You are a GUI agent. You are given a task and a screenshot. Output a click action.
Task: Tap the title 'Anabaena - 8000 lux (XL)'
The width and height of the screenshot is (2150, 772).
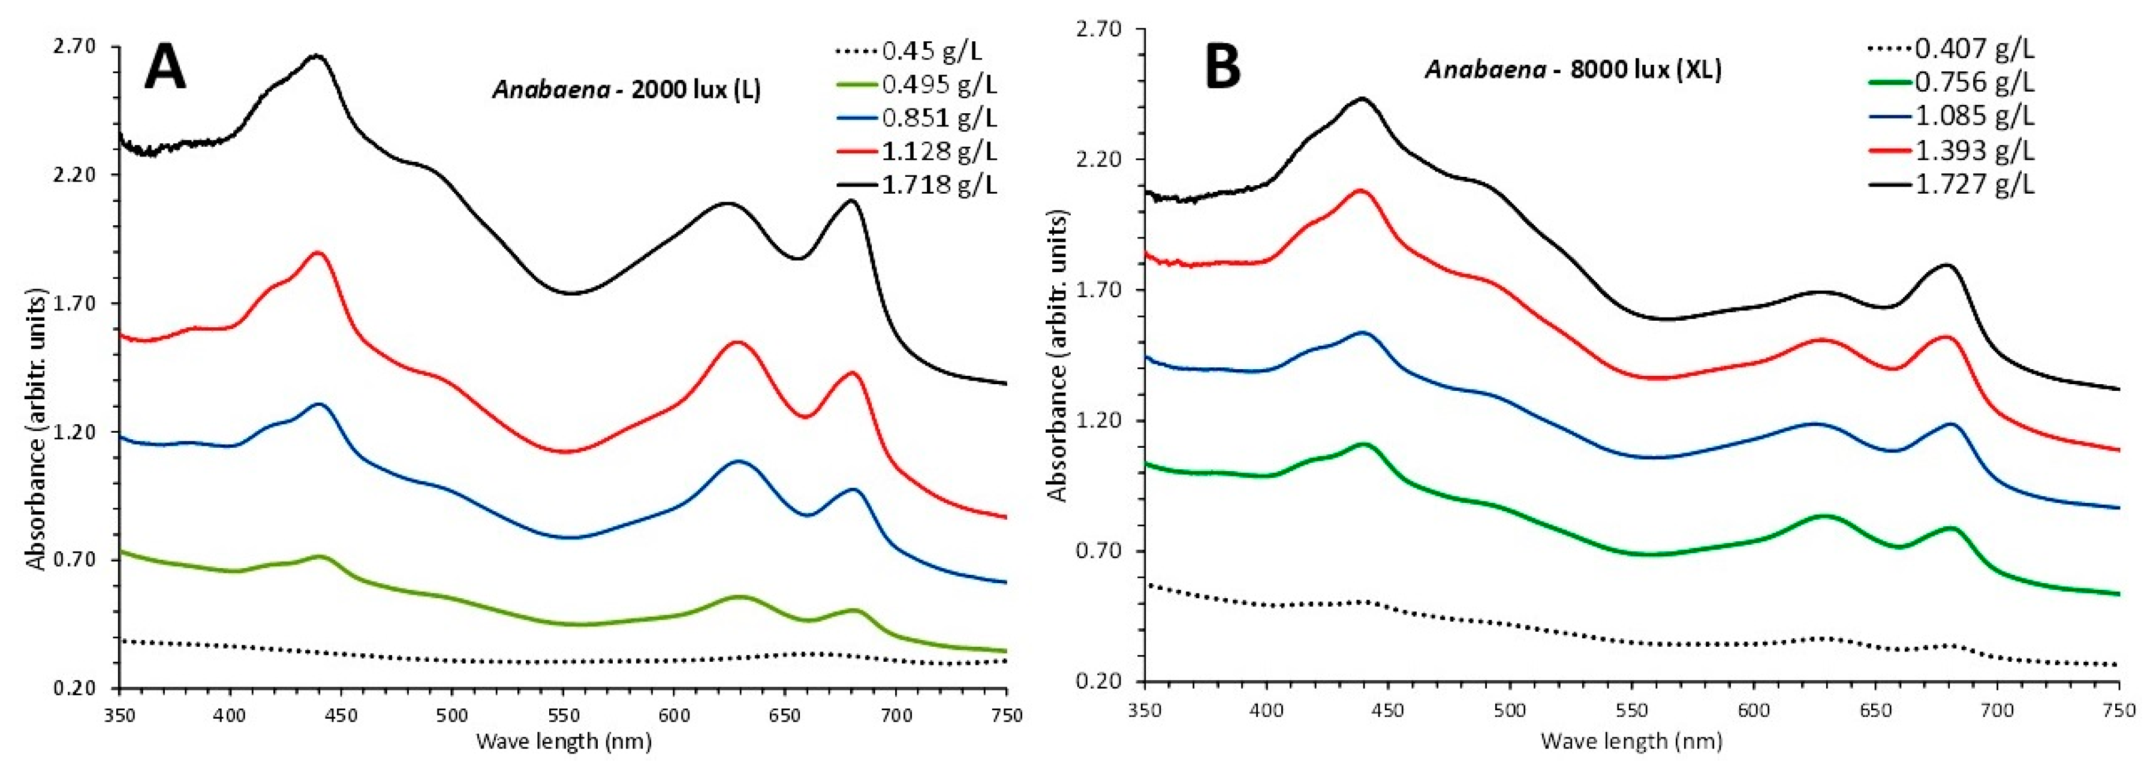click(1573, 70)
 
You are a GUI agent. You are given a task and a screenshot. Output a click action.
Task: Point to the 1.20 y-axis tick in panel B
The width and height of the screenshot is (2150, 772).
click(1099, 420)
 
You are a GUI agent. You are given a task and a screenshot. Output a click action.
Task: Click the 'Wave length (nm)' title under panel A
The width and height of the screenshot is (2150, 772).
click(564, 741)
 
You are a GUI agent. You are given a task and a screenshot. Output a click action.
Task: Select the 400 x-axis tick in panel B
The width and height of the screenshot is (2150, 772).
click(1266, 710)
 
